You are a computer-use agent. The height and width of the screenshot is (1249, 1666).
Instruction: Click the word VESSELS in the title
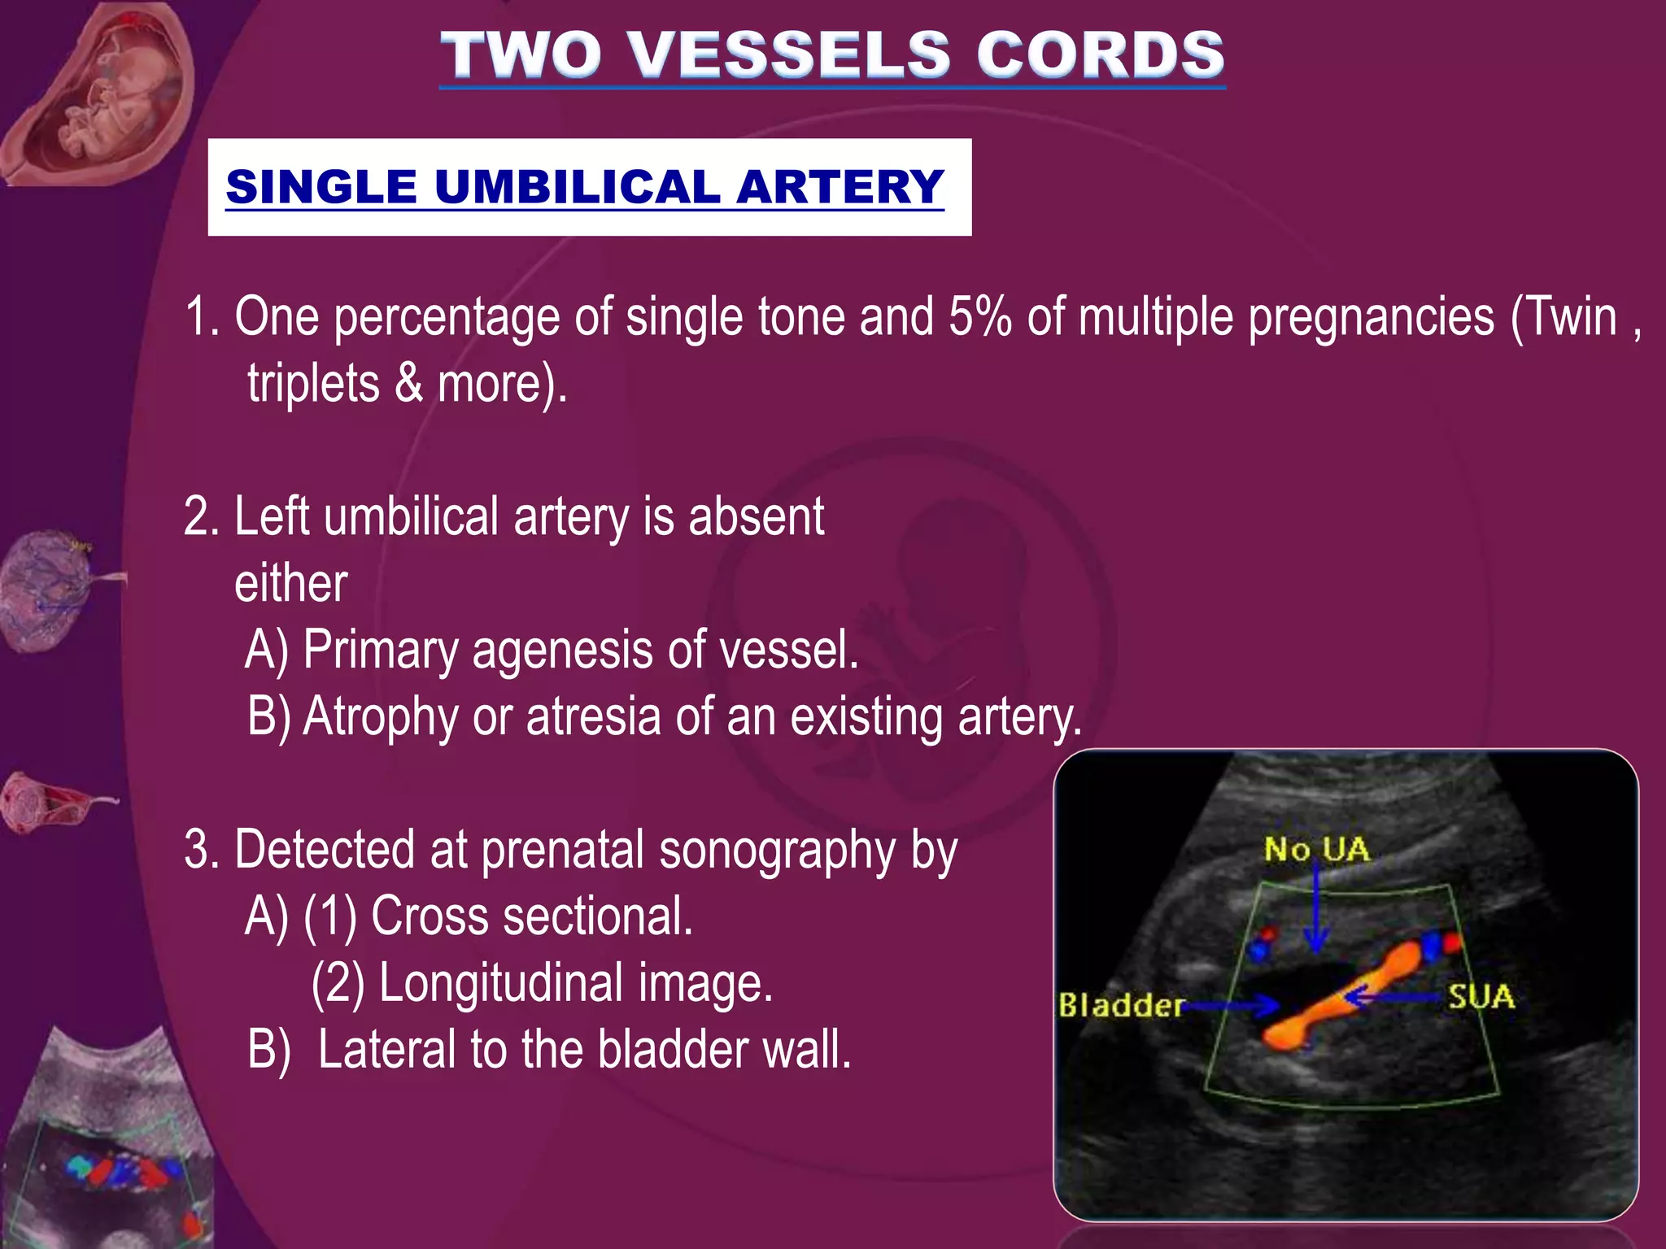coord(789,54)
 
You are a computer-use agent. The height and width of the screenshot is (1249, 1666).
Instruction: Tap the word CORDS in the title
coord(1100,54)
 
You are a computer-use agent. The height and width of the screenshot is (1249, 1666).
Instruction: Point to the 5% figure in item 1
coord(979,316)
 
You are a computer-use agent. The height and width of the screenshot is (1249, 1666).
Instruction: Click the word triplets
coord(313,383)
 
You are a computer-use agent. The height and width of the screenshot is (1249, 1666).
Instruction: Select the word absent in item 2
coord(757,516)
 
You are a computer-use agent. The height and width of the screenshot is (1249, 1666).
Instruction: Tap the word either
coord(290,583)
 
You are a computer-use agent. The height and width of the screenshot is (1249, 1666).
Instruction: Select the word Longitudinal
coord(501,983)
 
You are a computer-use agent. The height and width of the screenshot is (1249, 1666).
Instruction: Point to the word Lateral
coord(386,1050)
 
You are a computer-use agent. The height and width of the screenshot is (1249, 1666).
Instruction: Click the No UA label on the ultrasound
coord(1316,850)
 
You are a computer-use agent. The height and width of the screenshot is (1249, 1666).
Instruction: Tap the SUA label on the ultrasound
coord(1481,997)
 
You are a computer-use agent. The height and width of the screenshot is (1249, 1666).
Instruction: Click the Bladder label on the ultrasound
coord(1120,1006)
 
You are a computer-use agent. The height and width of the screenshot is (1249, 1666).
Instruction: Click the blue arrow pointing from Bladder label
coord(1232,1007)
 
